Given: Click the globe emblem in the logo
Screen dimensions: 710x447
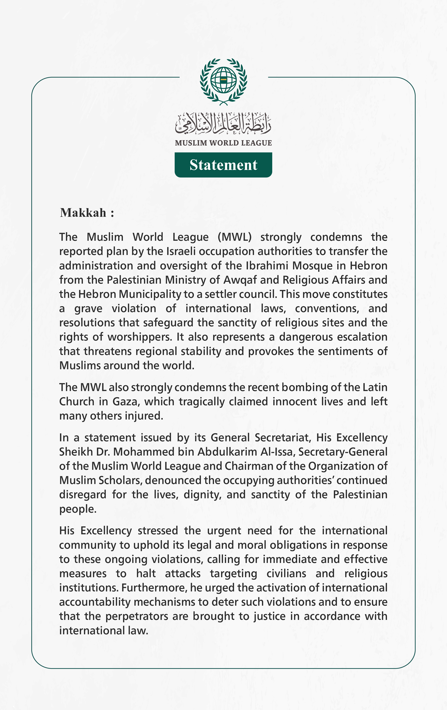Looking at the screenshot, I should [223, 80].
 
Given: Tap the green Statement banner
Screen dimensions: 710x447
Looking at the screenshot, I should [223, 165].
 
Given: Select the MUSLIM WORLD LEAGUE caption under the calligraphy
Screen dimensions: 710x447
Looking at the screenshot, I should [223, 143].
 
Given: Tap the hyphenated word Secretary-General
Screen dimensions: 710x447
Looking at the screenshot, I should [343, 452].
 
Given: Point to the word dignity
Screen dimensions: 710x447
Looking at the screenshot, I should [202, 494].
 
